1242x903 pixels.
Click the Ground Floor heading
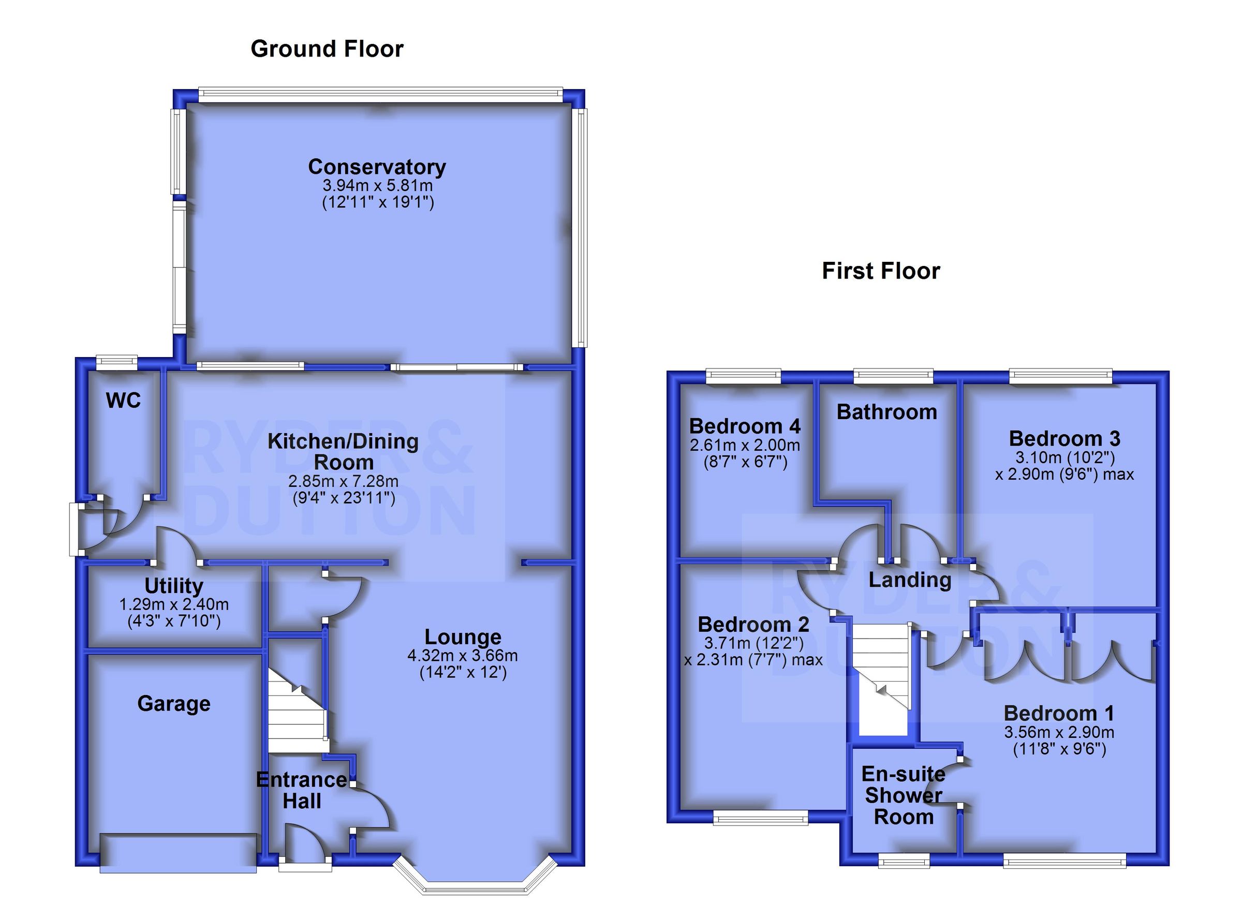tap(327, 49)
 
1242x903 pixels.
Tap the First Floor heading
tap(881, 271)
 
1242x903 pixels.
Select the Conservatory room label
tap(377, 167)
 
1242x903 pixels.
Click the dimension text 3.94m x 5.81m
tap(377, 185)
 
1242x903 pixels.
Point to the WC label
tap(123, 401)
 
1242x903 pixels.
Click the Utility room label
tap(173, 586)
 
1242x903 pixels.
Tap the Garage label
tap(173, 704)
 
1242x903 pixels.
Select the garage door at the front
tap(178, 853)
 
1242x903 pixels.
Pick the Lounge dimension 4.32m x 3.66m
tap(462, 656)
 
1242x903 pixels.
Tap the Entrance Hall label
tap(301, 790)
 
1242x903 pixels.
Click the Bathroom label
tap(886, 412)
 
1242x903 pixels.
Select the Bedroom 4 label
tap(745, 426)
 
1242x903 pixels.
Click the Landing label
tap(910, 580)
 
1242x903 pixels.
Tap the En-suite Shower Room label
tap(903, 795)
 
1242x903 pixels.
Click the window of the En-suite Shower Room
tap(904, 862)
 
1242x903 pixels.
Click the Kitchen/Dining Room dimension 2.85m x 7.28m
tap(343, 481)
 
